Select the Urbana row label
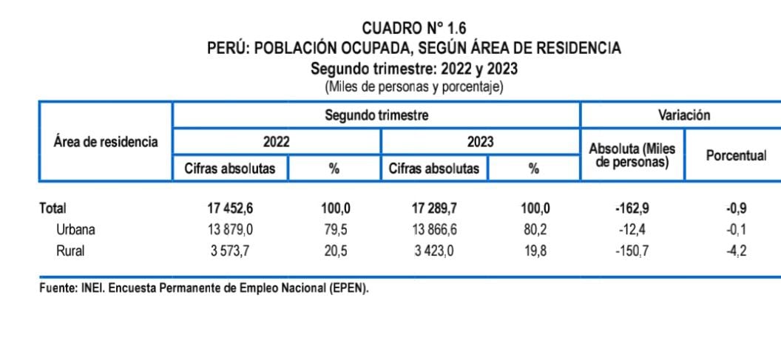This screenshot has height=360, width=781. [75, 229]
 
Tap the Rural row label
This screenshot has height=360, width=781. [70, 251]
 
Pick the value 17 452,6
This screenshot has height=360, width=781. [229, 208]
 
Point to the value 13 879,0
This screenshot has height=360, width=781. [229, 229]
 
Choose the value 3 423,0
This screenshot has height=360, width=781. [436, 251]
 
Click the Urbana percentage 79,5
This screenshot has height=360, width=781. [334, 229]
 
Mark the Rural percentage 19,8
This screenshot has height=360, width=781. [534, 251]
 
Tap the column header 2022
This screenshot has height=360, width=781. [276, 141]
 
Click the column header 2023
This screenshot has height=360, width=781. [480, 141]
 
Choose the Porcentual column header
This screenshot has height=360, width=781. [736, 156]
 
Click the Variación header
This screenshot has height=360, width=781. [683, 115]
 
